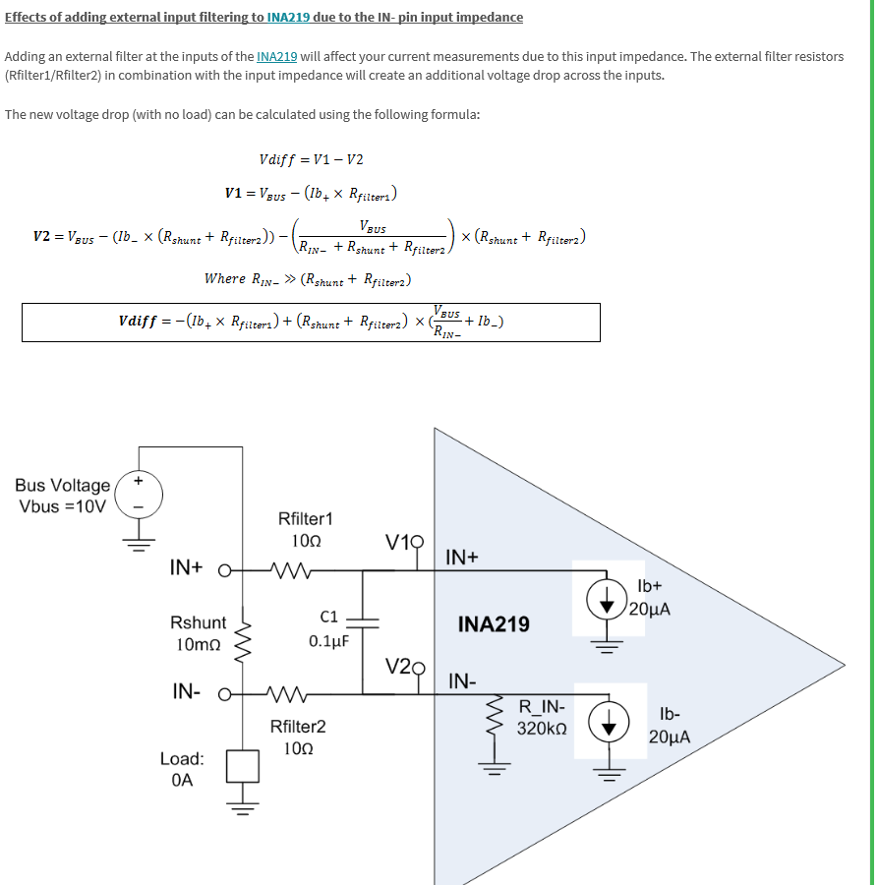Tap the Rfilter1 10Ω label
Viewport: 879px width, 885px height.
point(306,529)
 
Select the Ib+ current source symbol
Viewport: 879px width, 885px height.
point(608,600)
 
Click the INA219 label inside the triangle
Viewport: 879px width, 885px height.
point(494,624)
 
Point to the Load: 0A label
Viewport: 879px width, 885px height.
point(182,769)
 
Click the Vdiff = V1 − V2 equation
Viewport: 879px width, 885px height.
point(311,159)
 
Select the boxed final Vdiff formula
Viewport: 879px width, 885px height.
point(311,322)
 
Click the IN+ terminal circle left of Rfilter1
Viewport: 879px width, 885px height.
point(224,568)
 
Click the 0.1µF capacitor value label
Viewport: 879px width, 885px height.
point(329,640)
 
